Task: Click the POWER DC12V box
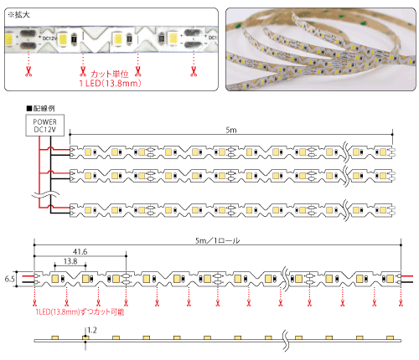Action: (45, 126)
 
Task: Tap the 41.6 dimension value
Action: (80, 252)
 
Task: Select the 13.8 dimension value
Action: (70, 261)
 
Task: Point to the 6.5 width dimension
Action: (9, 279)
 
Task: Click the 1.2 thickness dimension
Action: (92, 331)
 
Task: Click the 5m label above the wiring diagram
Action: (231, 130)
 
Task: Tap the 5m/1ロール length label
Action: (217, 240)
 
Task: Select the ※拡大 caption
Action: (18, 15)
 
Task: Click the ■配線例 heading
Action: (41, 108)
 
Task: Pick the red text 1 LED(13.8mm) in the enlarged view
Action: (110, 83)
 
